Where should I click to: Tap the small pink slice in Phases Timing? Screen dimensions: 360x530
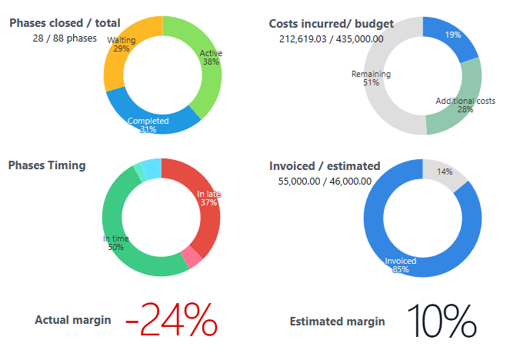coord(191,257)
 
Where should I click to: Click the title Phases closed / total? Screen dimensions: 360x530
coord(65,23)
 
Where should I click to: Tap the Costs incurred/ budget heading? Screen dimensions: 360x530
coord(331,24)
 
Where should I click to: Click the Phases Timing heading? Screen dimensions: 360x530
coord(46,165)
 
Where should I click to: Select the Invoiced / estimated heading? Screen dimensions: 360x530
coord(325,165)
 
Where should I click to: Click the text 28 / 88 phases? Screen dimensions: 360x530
coord(65,38)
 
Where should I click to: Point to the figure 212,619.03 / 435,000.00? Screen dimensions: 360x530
coord(331,38)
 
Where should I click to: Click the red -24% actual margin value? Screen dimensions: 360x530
coord(171,320)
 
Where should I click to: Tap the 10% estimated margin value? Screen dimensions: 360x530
coord(442,321)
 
